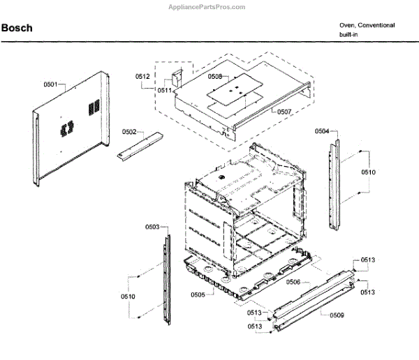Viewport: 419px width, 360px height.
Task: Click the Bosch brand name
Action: pyautogui.click(x=16, y=29)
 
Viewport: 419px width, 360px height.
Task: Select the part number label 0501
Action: pyautogui.click(x=50, y=84)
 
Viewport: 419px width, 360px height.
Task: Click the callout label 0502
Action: pyautogui.click(x=129, y=131)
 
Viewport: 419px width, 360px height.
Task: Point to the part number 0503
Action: pyautogui.click(x=152, y=227)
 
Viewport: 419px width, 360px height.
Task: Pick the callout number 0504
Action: pyautogui.click(x=321, y=131)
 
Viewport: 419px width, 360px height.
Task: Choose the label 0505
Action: pyautogui.click(x=198, y=295)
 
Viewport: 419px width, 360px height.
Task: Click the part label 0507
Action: pyautogui.click(x=284, y=112)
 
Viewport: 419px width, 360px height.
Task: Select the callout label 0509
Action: pyautogui.click(x=337, y=315)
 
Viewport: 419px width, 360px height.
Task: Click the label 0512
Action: pyautogui.click(x=142, y=76)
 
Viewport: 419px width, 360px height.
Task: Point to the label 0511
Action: pyautogui.click(x=164, y=90)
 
